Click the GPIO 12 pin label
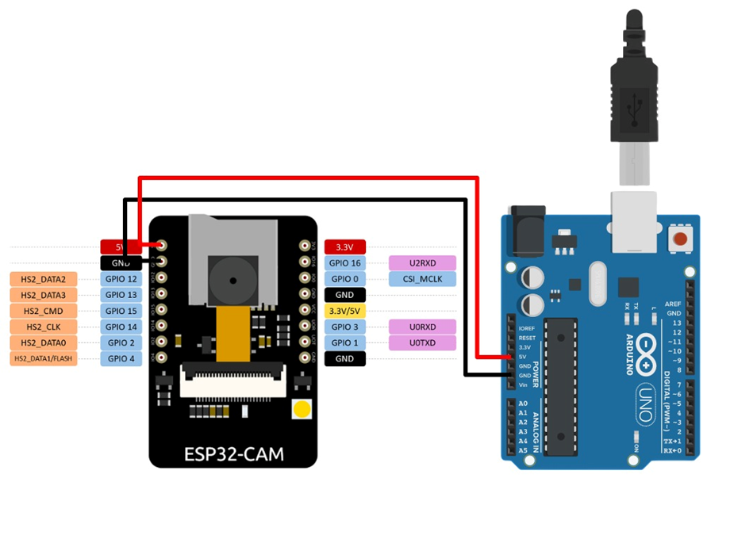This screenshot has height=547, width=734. point(121,279)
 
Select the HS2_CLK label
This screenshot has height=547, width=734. point(43,327)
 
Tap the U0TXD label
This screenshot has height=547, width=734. point(422,342)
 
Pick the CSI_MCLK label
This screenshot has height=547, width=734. point(422,279)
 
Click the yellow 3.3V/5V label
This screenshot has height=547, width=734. point(344,311)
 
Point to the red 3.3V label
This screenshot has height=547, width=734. point(344,247)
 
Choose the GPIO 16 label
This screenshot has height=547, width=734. point(344,263)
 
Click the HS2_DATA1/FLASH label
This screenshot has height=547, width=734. point(43,358)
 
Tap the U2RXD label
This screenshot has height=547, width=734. point(422,263)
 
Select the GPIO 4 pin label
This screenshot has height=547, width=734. point(121,358)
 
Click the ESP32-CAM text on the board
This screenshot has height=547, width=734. point(233,454)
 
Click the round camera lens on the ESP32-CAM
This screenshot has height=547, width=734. point(232,280)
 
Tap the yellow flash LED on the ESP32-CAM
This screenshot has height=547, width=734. point(302,410)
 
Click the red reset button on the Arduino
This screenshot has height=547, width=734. point(679,239)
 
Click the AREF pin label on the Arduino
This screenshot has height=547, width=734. point(674,304)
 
